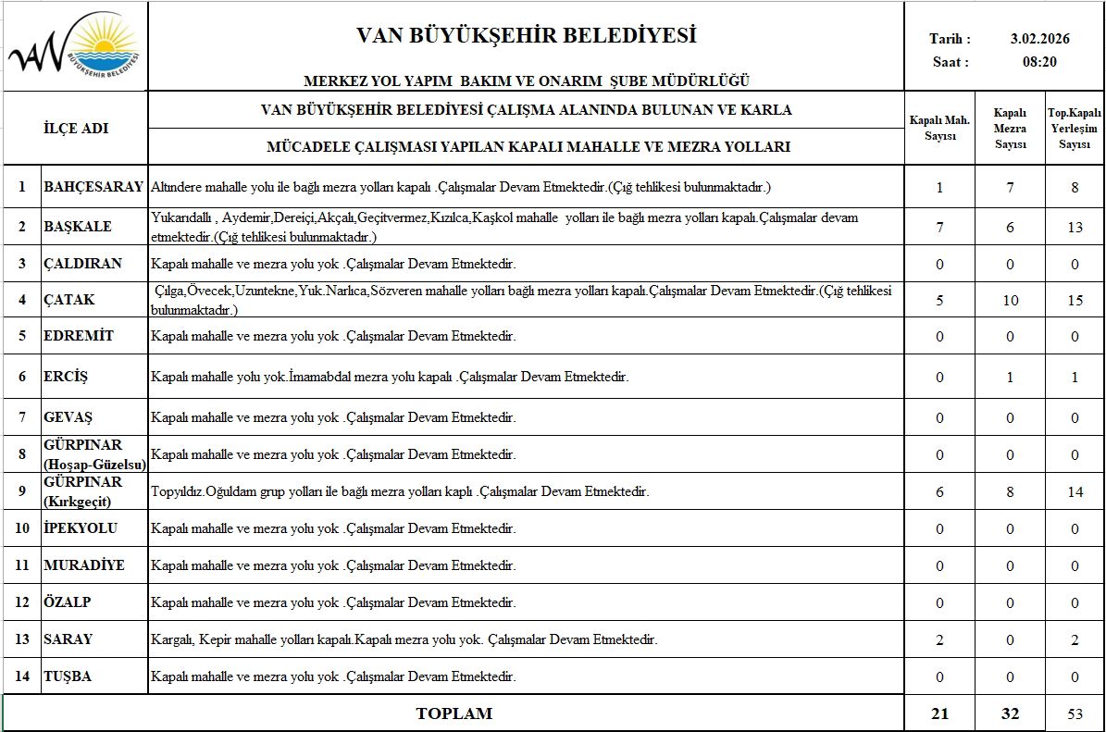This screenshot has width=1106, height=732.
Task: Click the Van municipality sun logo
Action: [x=75, y=46]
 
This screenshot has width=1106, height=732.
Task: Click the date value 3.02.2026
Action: [x=1040, y=39]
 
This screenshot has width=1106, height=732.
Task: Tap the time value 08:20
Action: [x=1040, y=62]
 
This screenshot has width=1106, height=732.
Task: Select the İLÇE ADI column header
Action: [x=76, y=129]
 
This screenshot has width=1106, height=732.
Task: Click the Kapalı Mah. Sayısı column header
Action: [x=939, y=128]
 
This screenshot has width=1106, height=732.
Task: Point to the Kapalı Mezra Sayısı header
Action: [x=1010, y=129]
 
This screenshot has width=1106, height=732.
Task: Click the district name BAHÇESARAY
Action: [x=93, y=187]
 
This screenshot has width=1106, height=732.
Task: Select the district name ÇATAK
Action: [x=69, y=300]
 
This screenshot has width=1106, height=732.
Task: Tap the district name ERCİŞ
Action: [x=66, y=377]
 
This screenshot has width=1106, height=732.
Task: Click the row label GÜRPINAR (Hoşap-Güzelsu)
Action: [x=94, y=454]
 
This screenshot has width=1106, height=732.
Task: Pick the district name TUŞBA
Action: [x=68, y=676]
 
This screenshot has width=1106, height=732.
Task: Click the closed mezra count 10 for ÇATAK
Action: [x=1010, y=300]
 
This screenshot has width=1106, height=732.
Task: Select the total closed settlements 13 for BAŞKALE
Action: [x=1075, y=227]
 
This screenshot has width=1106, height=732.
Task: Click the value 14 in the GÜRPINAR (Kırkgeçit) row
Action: [x=1075, y=492]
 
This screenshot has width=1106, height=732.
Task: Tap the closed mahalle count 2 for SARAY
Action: [x=939, y=639]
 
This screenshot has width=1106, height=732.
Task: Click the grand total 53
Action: [x=1075, y=713]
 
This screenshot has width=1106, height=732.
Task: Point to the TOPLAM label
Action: [x=454, y=713]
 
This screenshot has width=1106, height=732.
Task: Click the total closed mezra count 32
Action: [x=1010, y=713]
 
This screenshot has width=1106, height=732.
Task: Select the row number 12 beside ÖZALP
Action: [x=21, y=602]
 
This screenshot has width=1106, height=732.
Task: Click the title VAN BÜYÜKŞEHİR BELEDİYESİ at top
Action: [x=526, y=36]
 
